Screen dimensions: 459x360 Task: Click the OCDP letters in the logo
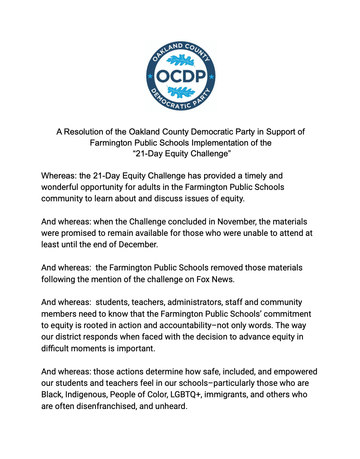[181, 76]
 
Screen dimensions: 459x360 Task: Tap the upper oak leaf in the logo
[181, 61]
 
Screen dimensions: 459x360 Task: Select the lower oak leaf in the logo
[181, 92]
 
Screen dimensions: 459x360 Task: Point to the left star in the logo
[150, 76]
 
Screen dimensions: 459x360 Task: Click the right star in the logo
[212, 76]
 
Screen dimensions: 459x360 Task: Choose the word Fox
[203, 279]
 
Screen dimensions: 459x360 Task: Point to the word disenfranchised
[107, 406]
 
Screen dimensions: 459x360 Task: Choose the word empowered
[295, 372]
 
